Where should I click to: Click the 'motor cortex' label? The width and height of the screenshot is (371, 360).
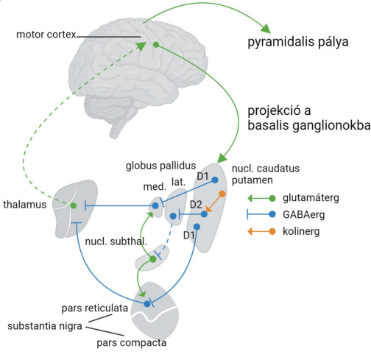pos(46,35)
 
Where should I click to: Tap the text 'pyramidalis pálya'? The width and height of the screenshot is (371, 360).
pos(298,42)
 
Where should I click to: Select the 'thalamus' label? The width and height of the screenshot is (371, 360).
pos(25,205)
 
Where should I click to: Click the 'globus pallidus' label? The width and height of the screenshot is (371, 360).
pos(160,166)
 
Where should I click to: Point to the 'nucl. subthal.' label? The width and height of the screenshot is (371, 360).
pos(116,241)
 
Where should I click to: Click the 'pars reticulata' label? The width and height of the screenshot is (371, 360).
pos(95,308)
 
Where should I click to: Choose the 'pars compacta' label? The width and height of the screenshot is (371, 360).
pos(131,343)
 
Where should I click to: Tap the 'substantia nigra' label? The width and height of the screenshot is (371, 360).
pos(45,326)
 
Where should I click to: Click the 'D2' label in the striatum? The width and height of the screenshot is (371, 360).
pos(196,205)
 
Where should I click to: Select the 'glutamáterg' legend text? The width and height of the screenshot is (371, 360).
pos(311,198)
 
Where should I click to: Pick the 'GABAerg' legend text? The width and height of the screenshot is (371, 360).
pos(304,215)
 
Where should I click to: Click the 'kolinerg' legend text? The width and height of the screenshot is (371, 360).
pos(301,231)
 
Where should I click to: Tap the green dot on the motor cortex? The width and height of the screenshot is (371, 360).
pos(156,45)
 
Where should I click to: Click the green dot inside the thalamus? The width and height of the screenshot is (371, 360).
pos(74,205)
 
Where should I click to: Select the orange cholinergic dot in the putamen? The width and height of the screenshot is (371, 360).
pos(222,194)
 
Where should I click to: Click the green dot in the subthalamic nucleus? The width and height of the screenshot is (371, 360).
pos(153,259)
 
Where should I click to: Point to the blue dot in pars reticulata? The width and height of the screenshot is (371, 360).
pos(147,304)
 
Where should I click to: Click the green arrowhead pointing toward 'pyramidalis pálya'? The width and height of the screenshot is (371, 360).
pos(266,29)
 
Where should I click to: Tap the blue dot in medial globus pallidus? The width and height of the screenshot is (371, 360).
pos(155,205)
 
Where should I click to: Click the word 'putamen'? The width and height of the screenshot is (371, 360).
pos(252,180)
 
